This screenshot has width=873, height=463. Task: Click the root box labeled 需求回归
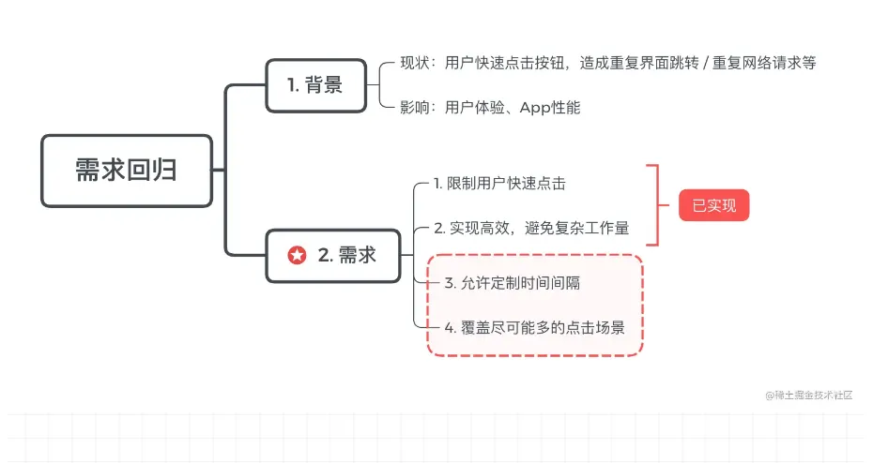(127, 171)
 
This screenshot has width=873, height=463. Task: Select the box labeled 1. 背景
(315, 85)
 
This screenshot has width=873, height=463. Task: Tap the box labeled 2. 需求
(333, 256)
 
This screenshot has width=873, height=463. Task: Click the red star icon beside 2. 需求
(297, 255)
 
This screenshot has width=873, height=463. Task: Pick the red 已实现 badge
(713, 205)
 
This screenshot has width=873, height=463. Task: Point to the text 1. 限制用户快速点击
(499, 184)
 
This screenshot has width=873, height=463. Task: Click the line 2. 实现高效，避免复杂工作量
(531, 228)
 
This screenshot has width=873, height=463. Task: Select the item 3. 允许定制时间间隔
(513, 283)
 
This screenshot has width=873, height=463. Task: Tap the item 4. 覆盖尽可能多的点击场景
(534, 327)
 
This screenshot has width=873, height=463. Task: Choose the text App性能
(549, 107)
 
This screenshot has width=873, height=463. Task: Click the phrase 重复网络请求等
(764, 63)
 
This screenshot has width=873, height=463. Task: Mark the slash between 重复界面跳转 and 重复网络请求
(705, 63)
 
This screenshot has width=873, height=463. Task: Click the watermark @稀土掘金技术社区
(809, 396)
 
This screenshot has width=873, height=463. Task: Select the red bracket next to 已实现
(657, 205)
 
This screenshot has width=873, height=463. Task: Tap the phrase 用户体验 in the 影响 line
(474, 107)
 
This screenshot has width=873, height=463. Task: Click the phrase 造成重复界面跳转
(639, 63)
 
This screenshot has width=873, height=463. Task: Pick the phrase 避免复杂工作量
(576, 228)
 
